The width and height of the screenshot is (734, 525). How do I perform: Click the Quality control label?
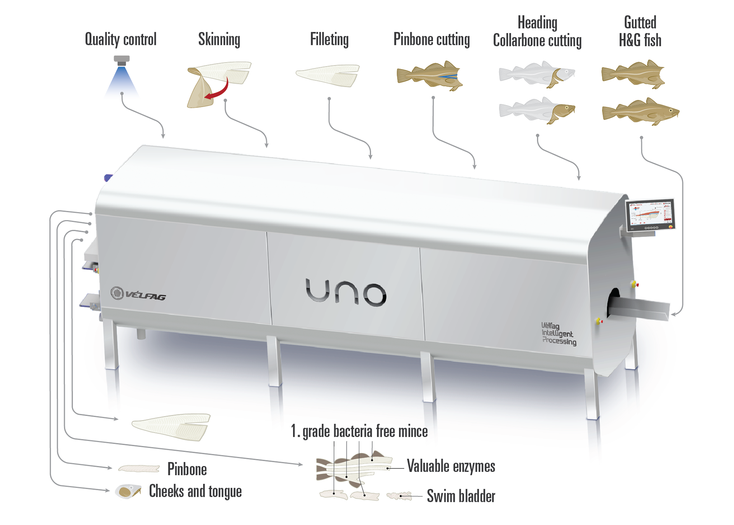point(120,39)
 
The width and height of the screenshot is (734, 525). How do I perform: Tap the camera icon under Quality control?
point(122,60)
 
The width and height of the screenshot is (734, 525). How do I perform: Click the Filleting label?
point(329,39)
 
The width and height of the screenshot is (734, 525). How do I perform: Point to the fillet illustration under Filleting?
point(328,75)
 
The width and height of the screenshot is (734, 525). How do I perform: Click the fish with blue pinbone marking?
point(430,76)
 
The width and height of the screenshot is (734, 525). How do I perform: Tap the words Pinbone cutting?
point(432,39)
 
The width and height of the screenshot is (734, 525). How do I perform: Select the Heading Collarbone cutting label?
point(537,31)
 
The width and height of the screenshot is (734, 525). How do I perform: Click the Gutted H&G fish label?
point(640,31)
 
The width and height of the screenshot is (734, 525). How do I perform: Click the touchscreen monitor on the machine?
point(650,216)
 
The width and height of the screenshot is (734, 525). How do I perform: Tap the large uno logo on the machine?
point(346,293)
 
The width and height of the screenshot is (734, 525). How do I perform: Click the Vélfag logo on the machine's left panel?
point(138,294)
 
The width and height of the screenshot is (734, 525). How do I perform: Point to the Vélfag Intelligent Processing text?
point(559,334)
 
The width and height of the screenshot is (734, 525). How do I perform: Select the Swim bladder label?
point(461,496)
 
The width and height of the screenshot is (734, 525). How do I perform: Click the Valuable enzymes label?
point(451,466)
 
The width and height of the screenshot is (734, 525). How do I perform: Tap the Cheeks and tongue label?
point(195,491)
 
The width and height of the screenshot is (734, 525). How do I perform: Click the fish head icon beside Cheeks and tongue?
point(128,491)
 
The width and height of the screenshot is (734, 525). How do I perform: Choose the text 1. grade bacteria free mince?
point(359,431)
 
